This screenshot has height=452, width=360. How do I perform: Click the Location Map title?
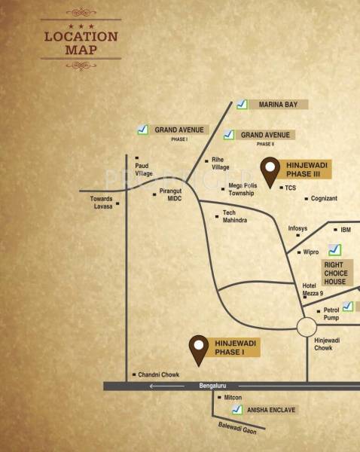click(81, 43)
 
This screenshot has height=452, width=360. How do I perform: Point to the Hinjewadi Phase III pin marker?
click(269, 171)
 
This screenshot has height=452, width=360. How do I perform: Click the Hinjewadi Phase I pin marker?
click(199, 348)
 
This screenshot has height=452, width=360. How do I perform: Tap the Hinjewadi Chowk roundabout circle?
click(307, 327)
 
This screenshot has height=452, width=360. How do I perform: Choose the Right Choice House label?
click(335, 273)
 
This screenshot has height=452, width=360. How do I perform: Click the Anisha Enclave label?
click(271, 411)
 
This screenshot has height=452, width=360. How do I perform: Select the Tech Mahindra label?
click(234, 217)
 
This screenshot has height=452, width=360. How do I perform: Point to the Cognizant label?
click(324, 198)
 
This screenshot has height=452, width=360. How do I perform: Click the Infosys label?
click(298, 228)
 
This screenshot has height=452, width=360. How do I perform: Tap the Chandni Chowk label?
click(159, 374)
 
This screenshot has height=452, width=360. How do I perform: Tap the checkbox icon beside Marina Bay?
click(242, 105)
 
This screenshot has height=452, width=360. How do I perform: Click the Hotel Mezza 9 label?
click(313, 289)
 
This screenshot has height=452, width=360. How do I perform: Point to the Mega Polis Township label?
click(241, 189)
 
